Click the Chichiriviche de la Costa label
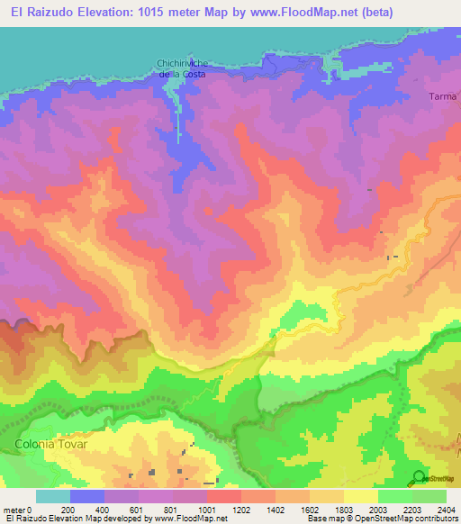pyautogui.click(x=182, y=68)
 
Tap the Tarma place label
pyautogui.click(x=444, y=96)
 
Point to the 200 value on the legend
pyautogui.click(x=69, y=510)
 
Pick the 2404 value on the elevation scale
pyautogui.click(x=446, y=510)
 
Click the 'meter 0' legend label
pyautogui.click(x=18, y=510)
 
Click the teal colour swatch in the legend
pyautogui.click(x=52, y=496)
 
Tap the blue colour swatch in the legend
pyautogui.click(x=87, y=496)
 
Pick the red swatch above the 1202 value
pyautogui.click(x=224, y=496)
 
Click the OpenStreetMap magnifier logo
pyautogui.click(x=419, y=477)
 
